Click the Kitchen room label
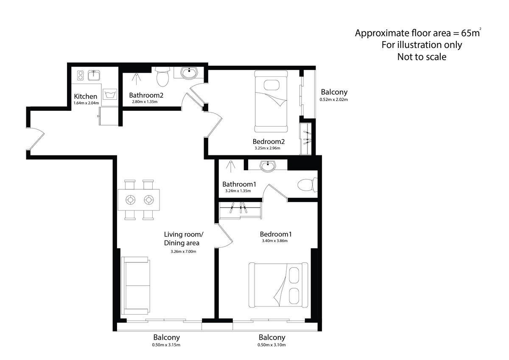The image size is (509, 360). click(85, 96)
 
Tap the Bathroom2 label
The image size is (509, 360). click(146, 95)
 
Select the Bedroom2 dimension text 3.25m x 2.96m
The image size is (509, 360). click(267, 148)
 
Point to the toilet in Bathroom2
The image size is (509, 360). click(163, 77)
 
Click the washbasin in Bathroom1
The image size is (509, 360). click(268, 166)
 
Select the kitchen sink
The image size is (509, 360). click(94, 75)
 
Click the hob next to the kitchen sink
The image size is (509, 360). click(80, 75)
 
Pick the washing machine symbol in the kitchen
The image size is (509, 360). click(110, 94)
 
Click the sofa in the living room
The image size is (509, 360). click(136, 286)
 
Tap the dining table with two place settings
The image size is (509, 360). click(139, 200)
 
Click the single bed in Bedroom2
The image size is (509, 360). click(271, 101)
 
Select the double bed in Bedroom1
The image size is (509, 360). click(278, 285)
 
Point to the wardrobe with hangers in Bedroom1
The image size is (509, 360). click(240, 211)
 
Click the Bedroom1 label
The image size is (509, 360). click(276, 234)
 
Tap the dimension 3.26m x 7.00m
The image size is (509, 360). click(183, 251)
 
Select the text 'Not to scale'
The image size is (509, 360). click(422, 57)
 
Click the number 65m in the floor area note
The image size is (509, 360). click(470, 33)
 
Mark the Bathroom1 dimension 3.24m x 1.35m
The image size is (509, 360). click(238, 191)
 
